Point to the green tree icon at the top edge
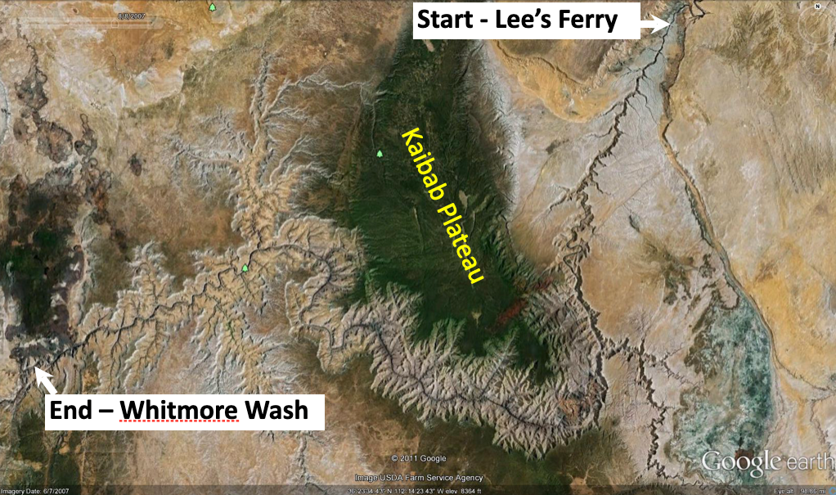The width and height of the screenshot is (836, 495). click(x=213, y=7)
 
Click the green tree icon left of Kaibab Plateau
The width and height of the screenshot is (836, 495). click(x=380, y=154)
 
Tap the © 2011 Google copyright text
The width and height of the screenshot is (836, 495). click(x=418, y=458)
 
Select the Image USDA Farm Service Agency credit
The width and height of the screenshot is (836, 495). click(x=418, y=477)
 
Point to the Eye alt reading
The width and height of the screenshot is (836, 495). click(x=805, y=490)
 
